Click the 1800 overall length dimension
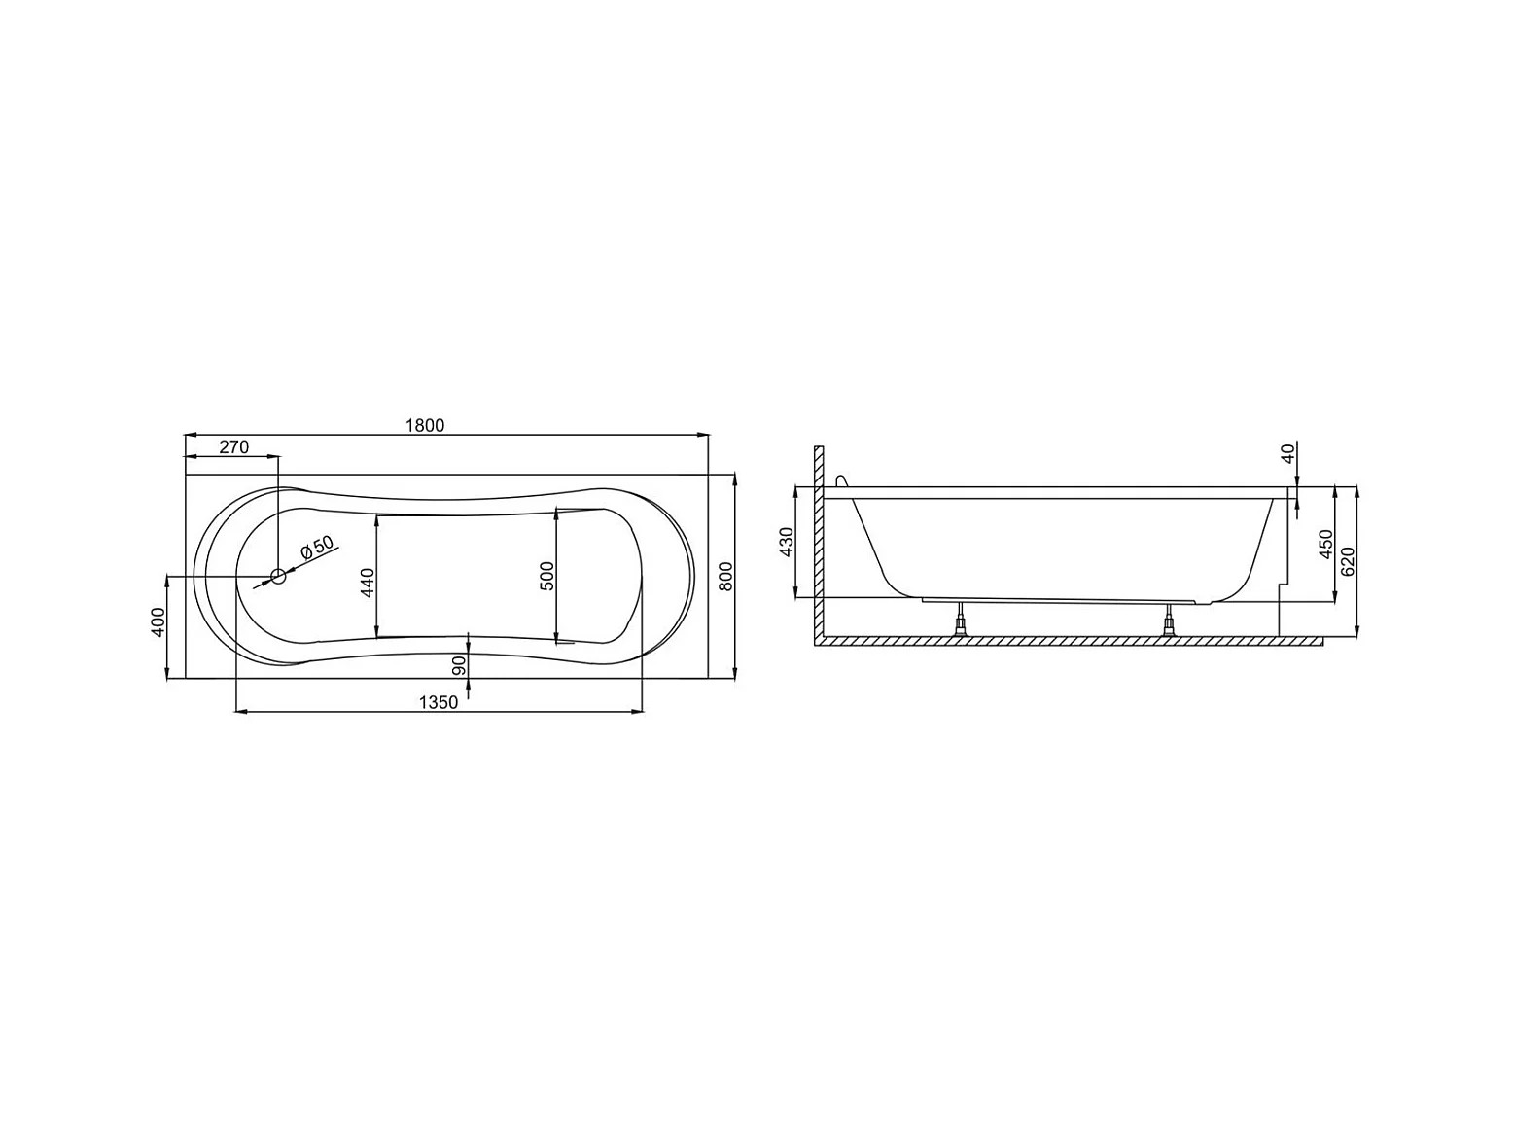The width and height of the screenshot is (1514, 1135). pyautogui.click(x=424, y=425)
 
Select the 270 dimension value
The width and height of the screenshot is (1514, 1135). pyautogui.click(x=233, y=446)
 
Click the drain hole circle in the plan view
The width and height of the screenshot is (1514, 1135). pyautogui.click(x=278, y=576)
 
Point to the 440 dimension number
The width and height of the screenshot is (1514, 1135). pyautogui.click(x=367, y=583)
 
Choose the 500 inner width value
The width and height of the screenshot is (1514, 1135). pyautogui.click(x=546, y=576)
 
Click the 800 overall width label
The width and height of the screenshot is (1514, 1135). pyautogui.click(x=725, y=576)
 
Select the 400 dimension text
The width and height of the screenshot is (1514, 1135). pyautogui.click(x=158, y=622)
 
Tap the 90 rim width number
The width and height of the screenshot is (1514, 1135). pyautogui.click(x=459, y=665)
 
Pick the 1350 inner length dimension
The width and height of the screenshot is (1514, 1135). pyautogui.click(x=439, y=702)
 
